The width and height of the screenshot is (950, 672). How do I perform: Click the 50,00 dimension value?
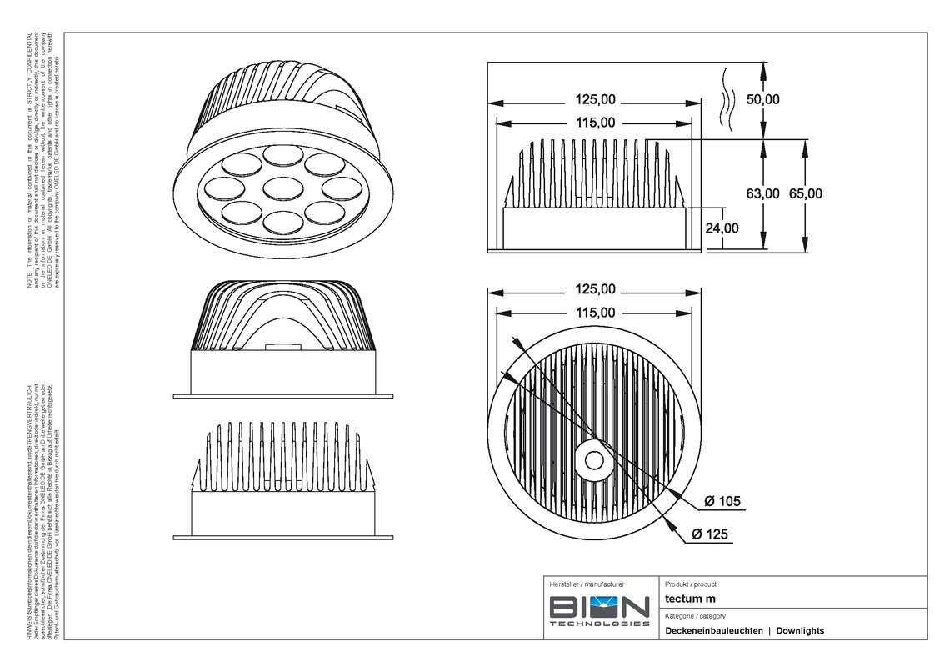(762, 99)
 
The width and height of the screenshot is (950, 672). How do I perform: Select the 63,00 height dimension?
(762, 193)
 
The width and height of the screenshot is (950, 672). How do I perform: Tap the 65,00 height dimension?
(805, 193)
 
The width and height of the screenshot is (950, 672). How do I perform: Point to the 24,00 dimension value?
(721, 228)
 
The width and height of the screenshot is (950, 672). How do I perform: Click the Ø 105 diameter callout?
(722, 501)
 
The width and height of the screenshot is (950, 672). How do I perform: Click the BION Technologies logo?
(599, 612)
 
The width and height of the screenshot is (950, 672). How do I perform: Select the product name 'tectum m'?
(690, 599)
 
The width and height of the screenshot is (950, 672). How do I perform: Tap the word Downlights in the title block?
(800, 631)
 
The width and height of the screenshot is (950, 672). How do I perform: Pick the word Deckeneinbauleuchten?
(714, 631)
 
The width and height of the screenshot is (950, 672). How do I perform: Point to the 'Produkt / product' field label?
(691, 584)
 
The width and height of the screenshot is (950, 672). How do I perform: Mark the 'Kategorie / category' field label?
(695, 616)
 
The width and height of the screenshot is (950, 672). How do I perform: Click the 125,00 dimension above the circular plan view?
(595, 290)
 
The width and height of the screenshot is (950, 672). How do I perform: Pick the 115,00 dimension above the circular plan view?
(595, 313)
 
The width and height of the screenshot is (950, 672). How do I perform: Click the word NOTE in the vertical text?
(29, 283)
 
